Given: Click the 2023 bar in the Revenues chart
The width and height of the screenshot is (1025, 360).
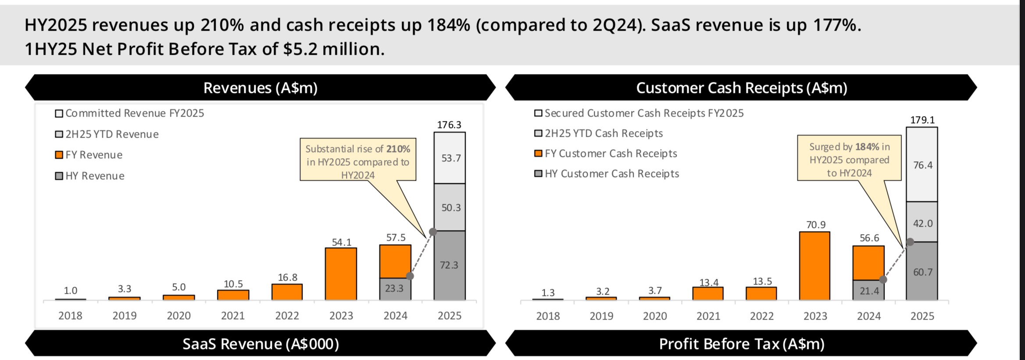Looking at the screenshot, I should pos(341,274).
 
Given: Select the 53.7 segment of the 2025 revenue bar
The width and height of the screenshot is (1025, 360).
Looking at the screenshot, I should pos(450,158).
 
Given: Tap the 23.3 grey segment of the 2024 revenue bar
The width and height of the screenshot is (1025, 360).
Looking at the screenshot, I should pos(395,289).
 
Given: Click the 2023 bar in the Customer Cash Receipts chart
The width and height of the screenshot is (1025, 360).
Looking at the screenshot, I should pos(814,266).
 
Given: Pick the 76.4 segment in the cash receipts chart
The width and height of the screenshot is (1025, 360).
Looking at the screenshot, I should pos(922,165).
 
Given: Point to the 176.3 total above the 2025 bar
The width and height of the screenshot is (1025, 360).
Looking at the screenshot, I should pos(449,125).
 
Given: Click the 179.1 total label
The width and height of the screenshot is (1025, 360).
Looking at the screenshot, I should pos(922,120).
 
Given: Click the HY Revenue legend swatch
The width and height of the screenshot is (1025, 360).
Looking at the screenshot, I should pos(59,176).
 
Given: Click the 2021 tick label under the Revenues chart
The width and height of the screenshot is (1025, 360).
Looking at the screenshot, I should pos(233,316).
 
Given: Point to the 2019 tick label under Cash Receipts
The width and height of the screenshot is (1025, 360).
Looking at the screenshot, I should pos(601,316).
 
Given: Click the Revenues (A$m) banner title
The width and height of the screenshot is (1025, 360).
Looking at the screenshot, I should pos(261,88).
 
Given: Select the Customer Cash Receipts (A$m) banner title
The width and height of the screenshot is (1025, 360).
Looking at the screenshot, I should pos(741,88).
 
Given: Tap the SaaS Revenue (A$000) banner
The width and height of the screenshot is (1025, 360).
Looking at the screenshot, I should pos(261,344).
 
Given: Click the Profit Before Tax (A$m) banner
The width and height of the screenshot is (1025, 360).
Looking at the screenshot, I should pos(741,344).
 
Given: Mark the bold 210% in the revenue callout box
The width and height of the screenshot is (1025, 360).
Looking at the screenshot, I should pos(398,149).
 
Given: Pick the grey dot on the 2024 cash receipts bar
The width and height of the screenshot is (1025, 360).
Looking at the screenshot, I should pos(883,279).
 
